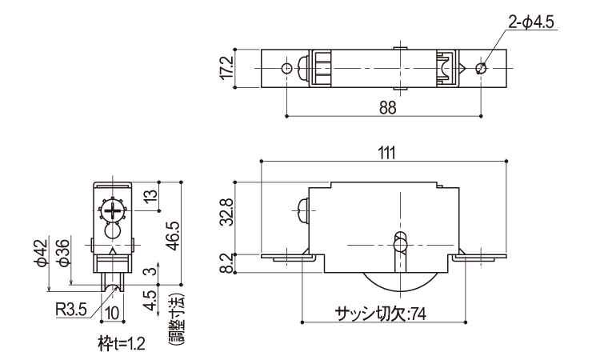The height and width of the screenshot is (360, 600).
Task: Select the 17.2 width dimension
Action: pyautogui.click(x=226, y=69)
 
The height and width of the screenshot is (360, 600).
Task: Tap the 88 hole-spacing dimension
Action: pyautogui.click(x=387, y=108)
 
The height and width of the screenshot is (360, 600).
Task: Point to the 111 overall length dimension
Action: pyautogui.click(x=386, y=153)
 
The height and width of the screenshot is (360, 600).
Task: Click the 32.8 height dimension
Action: pyautogui.click(x=227, y=213)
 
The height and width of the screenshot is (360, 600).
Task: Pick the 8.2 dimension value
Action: pyautogui.click(x=227, y=264)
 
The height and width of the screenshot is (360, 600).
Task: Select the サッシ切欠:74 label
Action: pyautogui.click(x=380, y=314)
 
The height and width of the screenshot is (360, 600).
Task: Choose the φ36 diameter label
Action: pyautogui.click(x=63, y=253)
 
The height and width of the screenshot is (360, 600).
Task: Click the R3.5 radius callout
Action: pyautogui.click(x=71, y=309)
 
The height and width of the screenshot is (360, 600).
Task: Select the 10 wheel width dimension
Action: pyautogui.click(x=112, y=314)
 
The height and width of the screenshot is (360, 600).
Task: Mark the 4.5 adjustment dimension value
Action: pyautogui.click(x=151, y=300)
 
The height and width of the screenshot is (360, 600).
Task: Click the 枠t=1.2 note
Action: pyautogui.click(x=122, y=344)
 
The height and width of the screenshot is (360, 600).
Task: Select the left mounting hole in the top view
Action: pyautogui.click(x=286, y=69)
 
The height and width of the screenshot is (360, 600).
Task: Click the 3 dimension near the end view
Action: pyautogui.click(x=151, y=271)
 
